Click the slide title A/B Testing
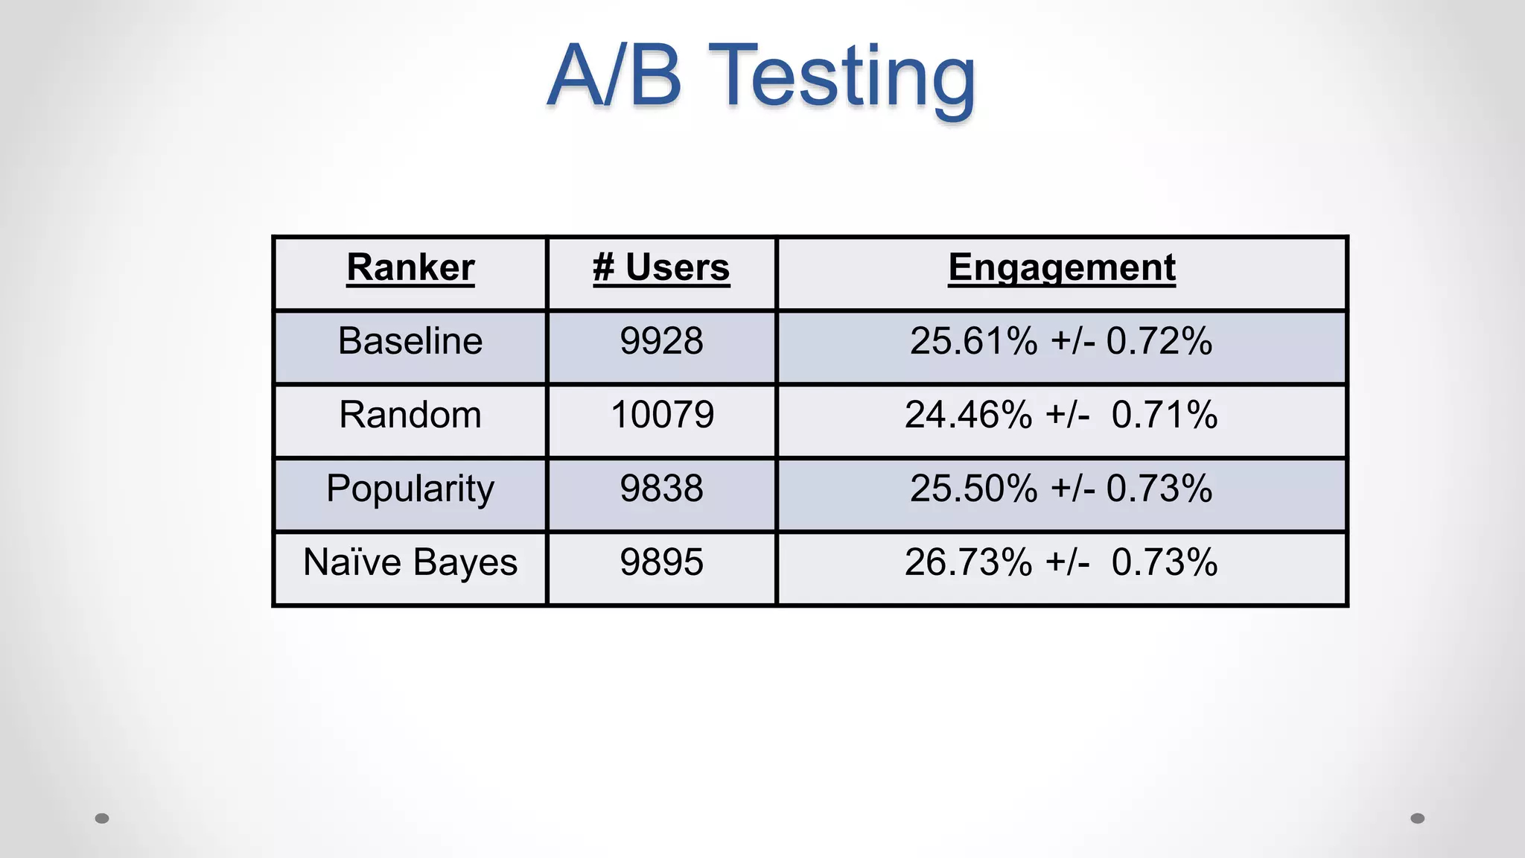point(761,76)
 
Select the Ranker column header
point(410,267)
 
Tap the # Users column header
point(661,267)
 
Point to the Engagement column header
point(1062,267)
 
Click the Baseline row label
point(410,341)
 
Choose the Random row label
point(410,415)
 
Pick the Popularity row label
point(410,489)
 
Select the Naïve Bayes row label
point(410,562)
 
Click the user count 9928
point(661,341)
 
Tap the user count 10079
point(662,415)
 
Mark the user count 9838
point(661,489)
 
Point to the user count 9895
point(661,562)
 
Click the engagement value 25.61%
point(973,341)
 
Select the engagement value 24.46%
point(968,415)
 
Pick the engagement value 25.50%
point(973,489)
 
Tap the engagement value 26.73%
point(968,562)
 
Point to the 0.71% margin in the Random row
point(1164,415)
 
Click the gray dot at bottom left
point(102,819)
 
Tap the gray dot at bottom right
point(1418,819)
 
